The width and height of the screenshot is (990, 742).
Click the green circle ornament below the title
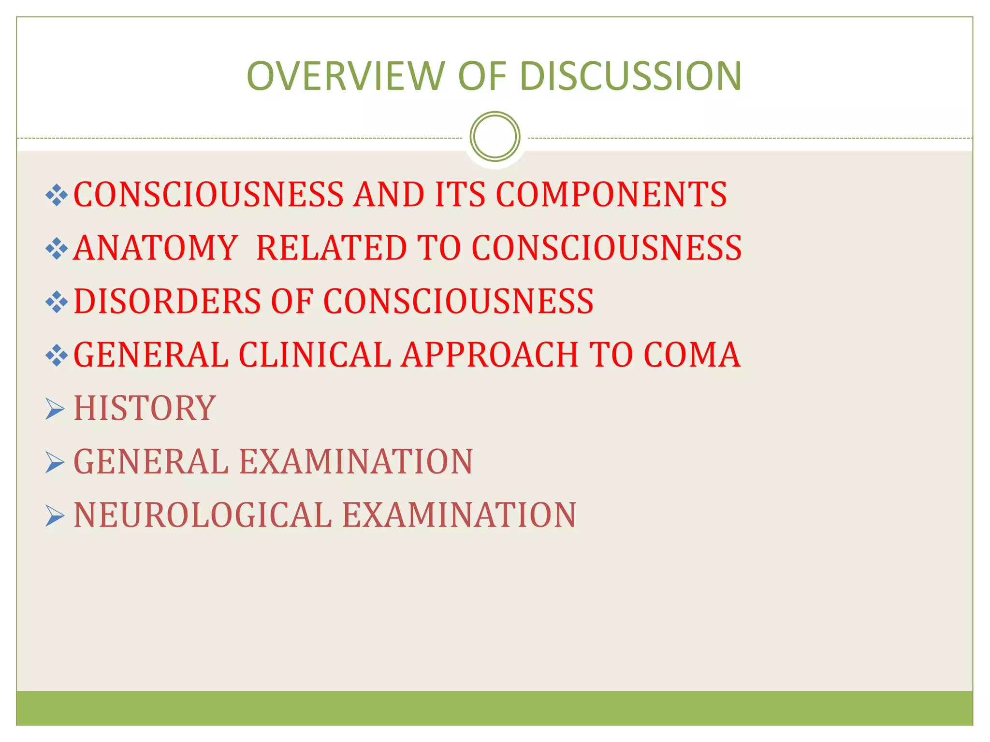pos(495,136)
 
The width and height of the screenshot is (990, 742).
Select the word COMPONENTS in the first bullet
pos(611,195)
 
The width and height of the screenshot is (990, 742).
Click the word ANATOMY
pos(156,248)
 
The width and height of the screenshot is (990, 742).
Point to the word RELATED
pos(331,248)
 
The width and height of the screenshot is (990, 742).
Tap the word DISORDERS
pos(167,302)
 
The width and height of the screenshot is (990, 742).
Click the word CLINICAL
pos(315,355)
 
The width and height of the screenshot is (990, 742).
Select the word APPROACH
pos(490,355)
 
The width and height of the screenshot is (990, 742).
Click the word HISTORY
pos(145,409)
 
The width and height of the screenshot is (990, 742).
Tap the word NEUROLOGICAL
pos(203,515)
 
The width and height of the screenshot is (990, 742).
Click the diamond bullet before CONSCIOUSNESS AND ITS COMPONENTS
pos(57,195)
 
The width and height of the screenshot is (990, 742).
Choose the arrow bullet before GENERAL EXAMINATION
pos(55,462)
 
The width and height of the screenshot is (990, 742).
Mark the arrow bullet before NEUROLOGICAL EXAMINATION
pos(55,515)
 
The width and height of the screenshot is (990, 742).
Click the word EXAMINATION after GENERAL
pos(356,462)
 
